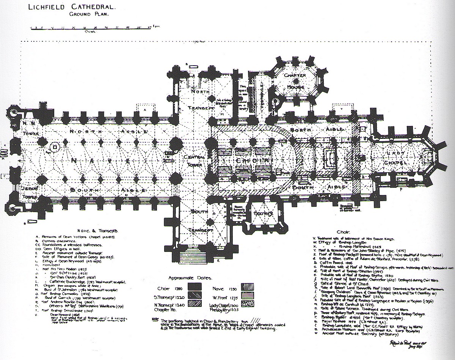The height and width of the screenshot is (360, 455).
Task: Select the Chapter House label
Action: [295, 81]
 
